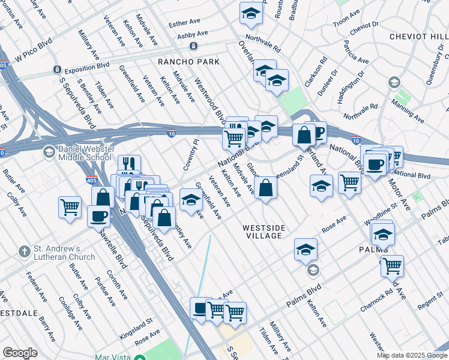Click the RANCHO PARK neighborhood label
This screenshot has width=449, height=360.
click(x=188, y=62)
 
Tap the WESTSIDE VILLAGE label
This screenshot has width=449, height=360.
click(x=262, y=232)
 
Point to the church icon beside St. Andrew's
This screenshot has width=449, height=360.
click(x=24, y=252)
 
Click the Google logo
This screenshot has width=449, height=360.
click(x=20, y=352)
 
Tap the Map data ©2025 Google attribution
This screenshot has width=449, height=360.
click(x=411, y=355)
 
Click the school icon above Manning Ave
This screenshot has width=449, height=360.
click(x=394, y=82)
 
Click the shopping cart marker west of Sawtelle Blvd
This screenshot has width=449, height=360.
click(x=70, y=208)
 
